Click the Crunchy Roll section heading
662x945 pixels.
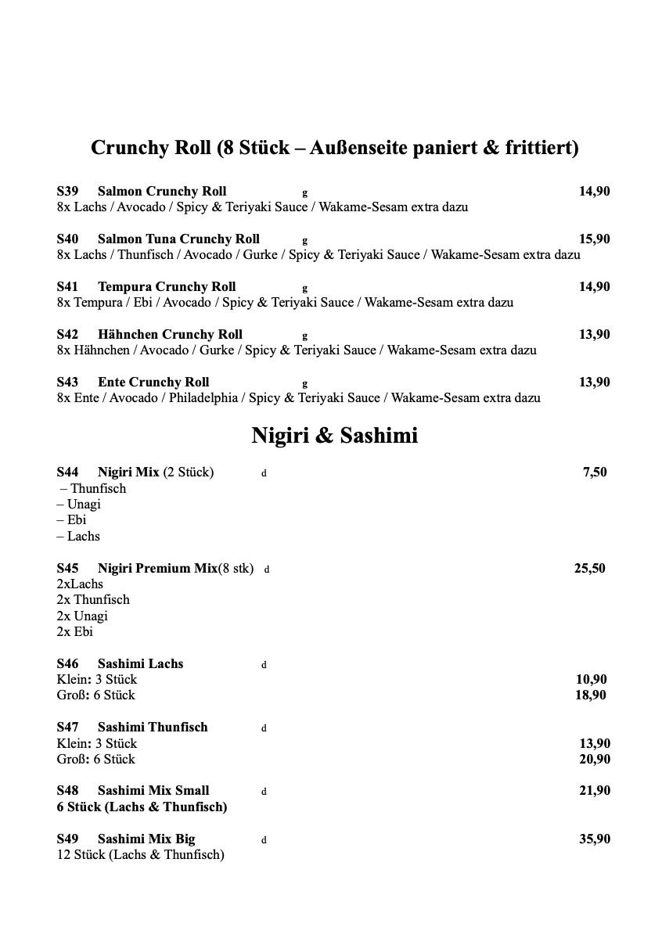[334, 147]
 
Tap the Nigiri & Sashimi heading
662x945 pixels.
[334, 435]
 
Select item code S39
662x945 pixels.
[67, 192]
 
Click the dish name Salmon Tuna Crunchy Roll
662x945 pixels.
[178, 239]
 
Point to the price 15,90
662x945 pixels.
[594, 239]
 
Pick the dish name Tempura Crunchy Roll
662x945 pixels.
[167, 287]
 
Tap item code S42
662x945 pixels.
[67, 335]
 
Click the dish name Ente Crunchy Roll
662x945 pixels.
[153, 383]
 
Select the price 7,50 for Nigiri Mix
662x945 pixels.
[595, 472]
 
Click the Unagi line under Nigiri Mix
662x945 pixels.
[79, 505]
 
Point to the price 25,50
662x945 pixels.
[589, 569]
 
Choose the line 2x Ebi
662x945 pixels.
[74, 632]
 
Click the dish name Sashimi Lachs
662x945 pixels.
[140, 664]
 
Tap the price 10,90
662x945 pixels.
[591, 680]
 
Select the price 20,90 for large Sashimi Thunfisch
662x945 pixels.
[594, 760]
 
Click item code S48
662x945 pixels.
[67, 791]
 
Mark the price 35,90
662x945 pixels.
[594, 839]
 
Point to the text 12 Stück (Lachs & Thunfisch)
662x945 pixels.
[140, 855]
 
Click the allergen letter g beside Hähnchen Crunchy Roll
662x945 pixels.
[305, 336]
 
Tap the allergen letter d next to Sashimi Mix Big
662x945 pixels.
[264, 841]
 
